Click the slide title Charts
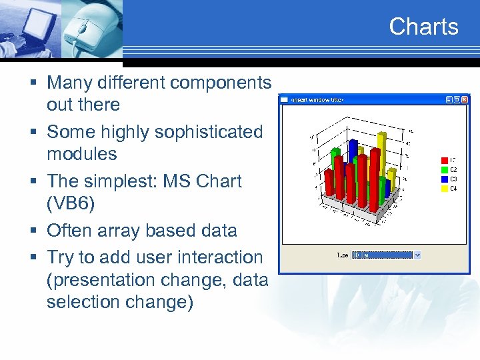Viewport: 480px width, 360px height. pos(423,27)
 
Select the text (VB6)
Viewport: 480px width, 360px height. pos(71,203)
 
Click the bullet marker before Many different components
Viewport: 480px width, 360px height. pos(33,83)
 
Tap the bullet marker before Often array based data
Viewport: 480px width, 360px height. pos(33,231)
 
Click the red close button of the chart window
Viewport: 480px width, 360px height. pos(465,99)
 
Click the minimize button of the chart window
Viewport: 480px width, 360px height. pos(448,99)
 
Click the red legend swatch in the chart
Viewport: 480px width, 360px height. pos(444,160)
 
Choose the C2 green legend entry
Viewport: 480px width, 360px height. pos(448,169)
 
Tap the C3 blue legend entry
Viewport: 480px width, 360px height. pos(448,179)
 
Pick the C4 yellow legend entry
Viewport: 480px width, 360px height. pos(448,188)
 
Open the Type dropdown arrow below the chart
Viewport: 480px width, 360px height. pos(417,255)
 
